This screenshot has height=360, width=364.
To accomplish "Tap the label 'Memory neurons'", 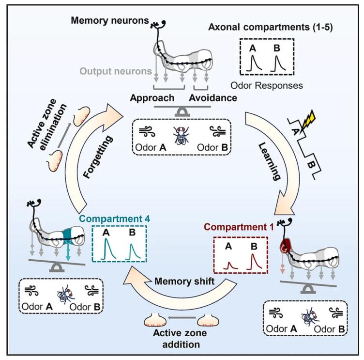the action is click(110, 20).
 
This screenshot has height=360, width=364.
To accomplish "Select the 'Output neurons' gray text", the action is click(116, 71).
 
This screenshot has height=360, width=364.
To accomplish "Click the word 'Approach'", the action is click(152, 98).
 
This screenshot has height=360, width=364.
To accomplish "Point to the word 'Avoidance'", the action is click(213, 98).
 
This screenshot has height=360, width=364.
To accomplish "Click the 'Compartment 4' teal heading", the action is click(114, 219).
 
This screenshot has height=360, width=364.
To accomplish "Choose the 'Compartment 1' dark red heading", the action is click(239, 227).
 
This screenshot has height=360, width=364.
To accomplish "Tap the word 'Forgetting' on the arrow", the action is click(98, 157).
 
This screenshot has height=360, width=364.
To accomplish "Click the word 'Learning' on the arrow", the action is click(269, 161).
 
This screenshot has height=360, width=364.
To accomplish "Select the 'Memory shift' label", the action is click(184, 281).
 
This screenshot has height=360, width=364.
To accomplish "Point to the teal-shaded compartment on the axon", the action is click(68, 236).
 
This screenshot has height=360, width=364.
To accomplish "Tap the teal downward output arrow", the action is click(68, 252).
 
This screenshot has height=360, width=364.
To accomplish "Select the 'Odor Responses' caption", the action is click(267, 86).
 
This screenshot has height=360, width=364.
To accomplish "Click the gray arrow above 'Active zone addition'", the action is click(182, 317).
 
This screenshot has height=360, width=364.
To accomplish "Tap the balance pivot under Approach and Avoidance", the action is click(182, 113).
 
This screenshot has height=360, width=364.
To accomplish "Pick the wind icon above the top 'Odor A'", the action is click(147, 131).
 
